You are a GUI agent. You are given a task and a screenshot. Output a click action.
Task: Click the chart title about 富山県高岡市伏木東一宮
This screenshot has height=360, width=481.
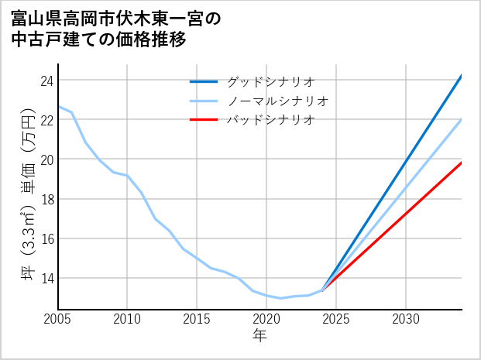pos(116,29)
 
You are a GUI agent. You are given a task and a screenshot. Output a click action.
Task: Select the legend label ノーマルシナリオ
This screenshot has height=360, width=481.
pos(277,101)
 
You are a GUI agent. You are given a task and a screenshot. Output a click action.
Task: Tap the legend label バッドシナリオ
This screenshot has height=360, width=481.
pos(270,120)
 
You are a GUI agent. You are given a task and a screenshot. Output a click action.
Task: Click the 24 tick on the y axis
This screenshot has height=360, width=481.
pos(46,81)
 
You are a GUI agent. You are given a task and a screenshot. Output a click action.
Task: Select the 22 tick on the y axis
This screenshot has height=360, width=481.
pos(46,120)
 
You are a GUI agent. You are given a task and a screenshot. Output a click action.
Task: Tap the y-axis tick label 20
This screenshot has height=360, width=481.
pos(46,159)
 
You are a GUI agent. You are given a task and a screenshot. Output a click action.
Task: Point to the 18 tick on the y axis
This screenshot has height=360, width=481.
pos(46,199)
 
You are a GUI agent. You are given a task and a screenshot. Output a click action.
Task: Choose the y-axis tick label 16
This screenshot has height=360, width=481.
pos(46,238)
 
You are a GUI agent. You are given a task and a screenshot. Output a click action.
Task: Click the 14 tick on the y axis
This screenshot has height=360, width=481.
pos(46,278)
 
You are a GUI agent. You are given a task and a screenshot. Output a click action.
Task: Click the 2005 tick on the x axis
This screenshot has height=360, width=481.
pos(58,319)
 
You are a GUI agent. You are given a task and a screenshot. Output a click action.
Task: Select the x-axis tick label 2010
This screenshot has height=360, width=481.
pos(128,319)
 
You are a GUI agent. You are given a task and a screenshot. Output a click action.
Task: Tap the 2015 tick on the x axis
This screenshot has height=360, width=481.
pos(198,319)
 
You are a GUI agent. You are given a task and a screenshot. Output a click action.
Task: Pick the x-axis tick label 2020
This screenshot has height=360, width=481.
pos(266,319)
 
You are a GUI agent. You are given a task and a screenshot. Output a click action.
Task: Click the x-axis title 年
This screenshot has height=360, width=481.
pos(260,336)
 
